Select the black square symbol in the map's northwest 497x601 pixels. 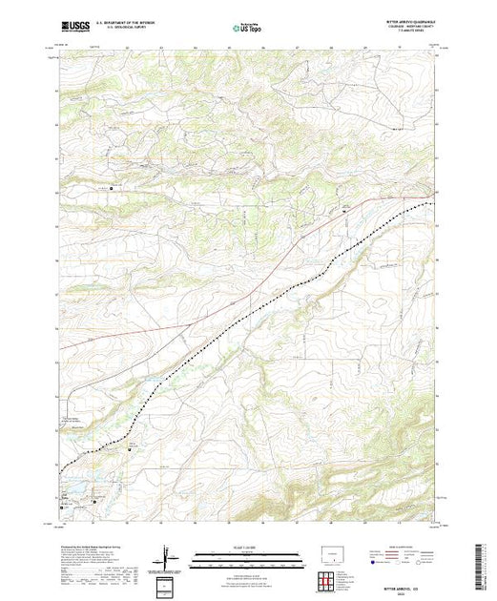(x=113, y=188)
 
